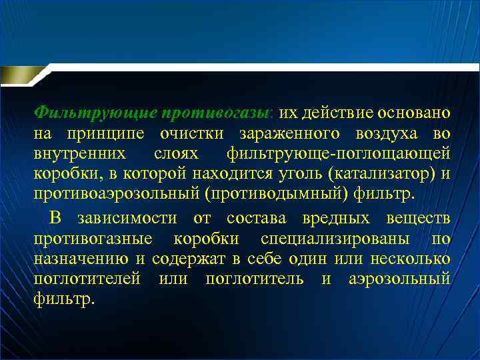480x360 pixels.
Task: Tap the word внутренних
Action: point(79,155)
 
